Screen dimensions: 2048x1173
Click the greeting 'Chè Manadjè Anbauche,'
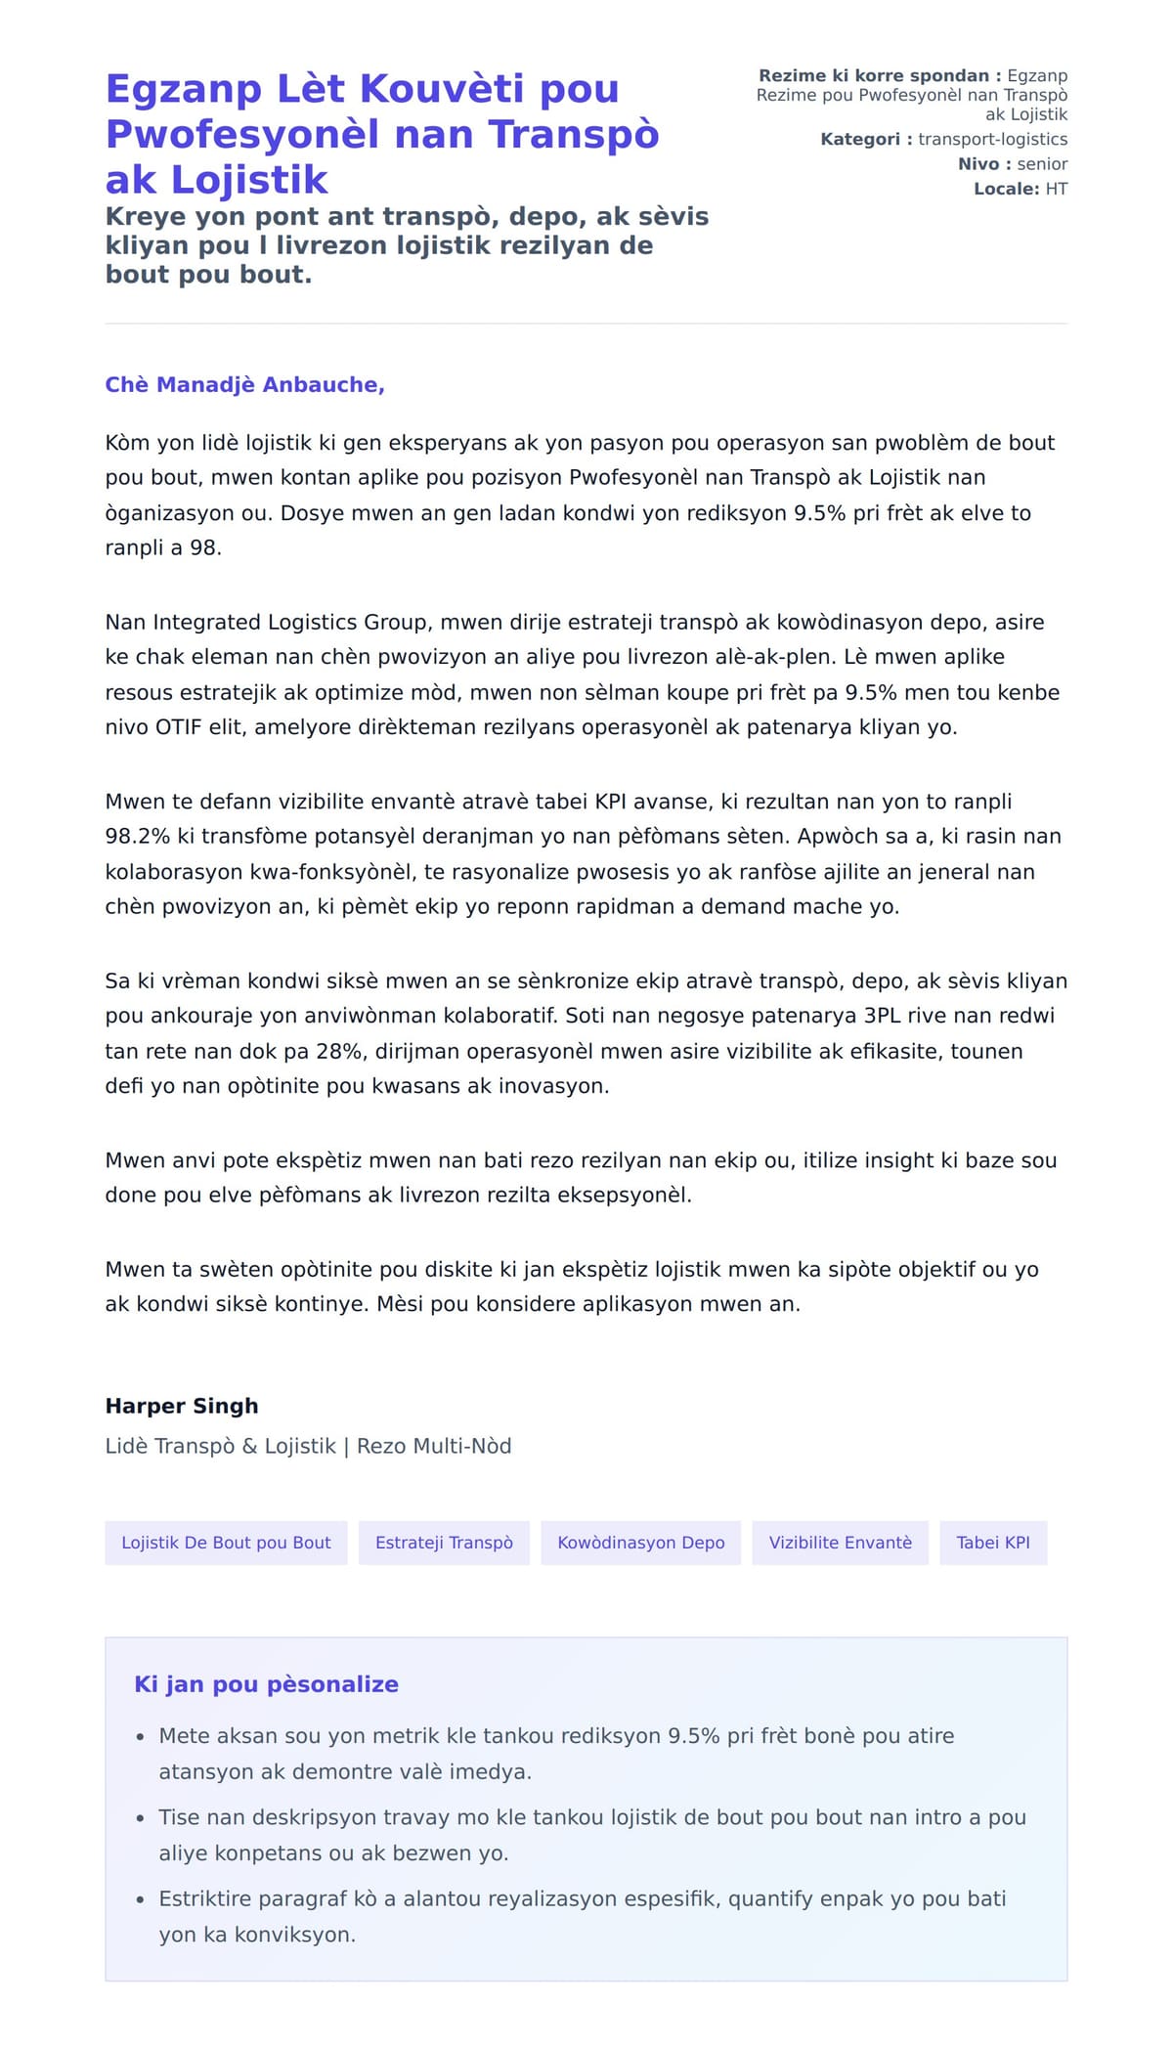point(244,385)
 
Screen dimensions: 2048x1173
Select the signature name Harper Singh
point(182,1406)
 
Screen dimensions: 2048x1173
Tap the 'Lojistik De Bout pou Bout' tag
point(226,1543)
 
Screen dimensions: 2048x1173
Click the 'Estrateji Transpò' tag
point(444,1543)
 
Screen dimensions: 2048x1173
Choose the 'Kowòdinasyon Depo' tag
point(640,1543)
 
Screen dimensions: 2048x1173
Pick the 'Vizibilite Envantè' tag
point(840,1543)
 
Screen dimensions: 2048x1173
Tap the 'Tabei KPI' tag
point(992,1543)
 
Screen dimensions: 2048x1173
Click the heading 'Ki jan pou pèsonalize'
point(266,1684)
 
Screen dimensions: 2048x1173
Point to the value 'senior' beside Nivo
point(1042,164)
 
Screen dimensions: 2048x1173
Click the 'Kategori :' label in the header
point(866,139)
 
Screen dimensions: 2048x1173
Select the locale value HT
point(1056,189)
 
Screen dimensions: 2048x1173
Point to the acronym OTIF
point(178,727)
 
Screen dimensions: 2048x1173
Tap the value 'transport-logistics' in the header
point(992,139)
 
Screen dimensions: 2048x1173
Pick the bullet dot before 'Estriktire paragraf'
point(141,1899)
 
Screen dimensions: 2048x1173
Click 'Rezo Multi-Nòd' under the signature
point(433,1446)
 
